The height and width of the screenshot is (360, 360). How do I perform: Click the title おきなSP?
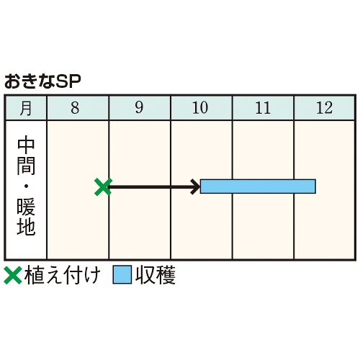point(42,81)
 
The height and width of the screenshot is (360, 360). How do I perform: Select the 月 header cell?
point(26,108)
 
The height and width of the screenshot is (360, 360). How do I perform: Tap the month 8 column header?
point(78,108)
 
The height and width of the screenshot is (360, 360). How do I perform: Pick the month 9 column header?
point(140,108)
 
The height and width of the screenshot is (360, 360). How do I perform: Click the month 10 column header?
point(201,108)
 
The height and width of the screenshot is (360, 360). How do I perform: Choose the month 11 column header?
point(263,108)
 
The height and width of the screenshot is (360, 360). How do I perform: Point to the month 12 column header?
point(324,108)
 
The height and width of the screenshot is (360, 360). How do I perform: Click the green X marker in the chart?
point(103,186)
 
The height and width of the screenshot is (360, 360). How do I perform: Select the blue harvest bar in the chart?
point(258,186)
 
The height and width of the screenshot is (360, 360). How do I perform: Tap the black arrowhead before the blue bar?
point(196,186)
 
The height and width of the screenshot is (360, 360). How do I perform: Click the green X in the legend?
point(13,275)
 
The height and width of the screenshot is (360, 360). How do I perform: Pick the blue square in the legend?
point(122,274)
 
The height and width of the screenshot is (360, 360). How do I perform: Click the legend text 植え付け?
point(62,275)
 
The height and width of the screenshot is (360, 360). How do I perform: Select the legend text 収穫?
point(156,275)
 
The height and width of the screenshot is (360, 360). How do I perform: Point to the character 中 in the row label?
point(26,145)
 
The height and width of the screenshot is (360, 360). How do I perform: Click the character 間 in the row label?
point(26,166)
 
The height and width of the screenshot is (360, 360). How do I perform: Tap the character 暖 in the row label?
point(26,207)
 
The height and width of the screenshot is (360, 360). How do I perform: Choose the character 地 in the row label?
point(26,227)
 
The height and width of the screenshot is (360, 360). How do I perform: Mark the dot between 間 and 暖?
point(26,186)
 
